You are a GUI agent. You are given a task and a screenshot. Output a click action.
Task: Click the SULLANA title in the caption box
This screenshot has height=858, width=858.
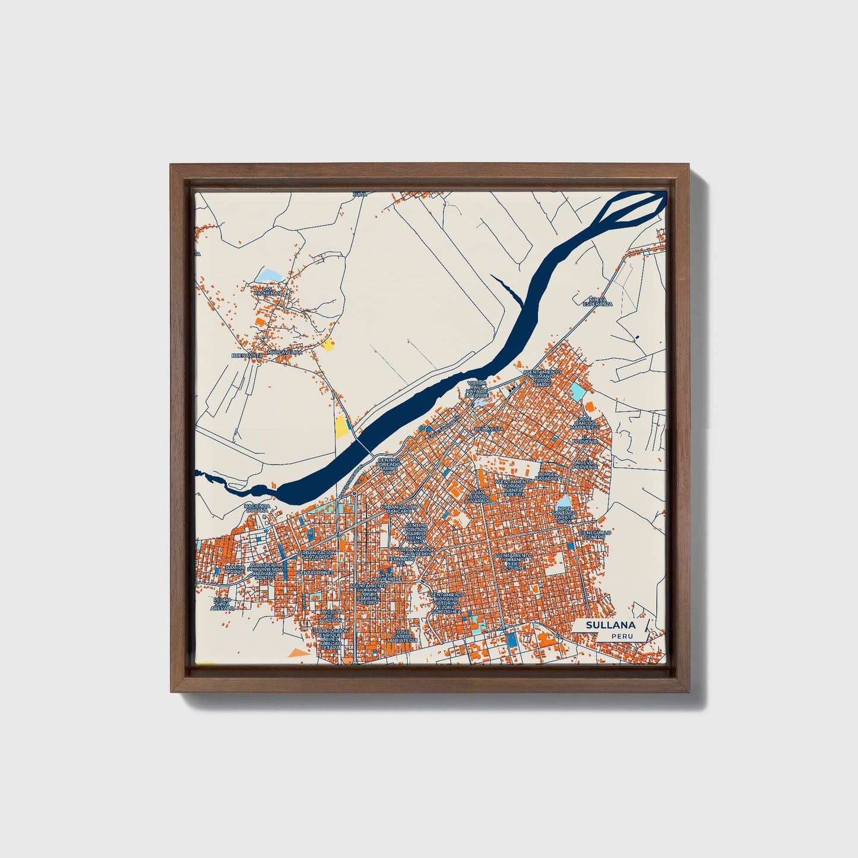click(610, 625)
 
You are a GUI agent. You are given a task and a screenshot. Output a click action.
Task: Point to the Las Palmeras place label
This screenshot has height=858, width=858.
click(267, 291)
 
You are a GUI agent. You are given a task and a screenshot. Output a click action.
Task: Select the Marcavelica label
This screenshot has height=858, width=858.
click(284, 352)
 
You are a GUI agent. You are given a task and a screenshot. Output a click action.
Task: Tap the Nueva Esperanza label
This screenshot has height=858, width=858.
click(597, 302)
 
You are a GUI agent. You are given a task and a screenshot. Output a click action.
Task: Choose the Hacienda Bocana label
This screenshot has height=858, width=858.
click(257, 508)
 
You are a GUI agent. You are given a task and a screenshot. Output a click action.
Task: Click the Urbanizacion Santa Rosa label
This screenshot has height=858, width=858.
click(317, 554)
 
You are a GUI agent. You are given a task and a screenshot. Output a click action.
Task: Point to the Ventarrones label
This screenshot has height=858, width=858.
click(316, 572)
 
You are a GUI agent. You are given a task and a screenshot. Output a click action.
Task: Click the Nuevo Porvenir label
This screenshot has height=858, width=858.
click(585, 464)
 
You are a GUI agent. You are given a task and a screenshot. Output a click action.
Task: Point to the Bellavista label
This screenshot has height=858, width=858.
click(489, 429)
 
